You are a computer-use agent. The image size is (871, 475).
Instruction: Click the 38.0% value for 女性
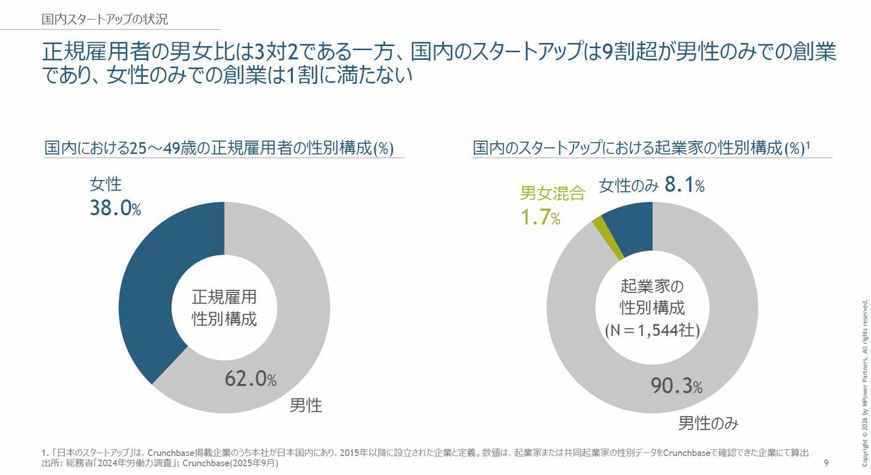click(x=115, y=208)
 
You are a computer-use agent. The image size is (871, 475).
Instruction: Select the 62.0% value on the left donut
click(x=250, y=379)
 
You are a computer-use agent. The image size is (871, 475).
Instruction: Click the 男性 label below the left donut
click(x=306, y=405)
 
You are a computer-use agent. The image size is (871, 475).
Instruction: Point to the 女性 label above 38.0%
click(x=106, y=185)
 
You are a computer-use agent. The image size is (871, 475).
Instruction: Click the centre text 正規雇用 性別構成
click(x=224, y=307)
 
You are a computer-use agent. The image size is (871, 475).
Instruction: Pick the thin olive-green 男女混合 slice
click(x=598, y=228)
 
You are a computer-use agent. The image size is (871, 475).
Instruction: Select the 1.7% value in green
click(x=540, y=218)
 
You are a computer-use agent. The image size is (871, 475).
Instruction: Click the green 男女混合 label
click(x=552, y=193)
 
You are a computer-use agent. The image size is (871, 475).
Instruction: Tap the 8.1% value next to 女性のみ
click(x=685, y=186)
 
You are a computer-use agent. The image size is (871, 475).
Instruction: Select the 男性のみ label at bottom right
click(x=708, y=423)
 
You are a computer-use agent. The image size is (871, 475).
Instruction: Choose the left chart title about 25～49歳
click(x=219, y=148)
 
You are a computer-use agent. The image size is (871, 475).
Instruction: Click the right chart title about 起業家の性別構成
click(x=641, y=148)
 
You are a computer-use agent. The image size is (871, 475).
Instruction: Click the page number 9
click(x=826, y=464)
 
